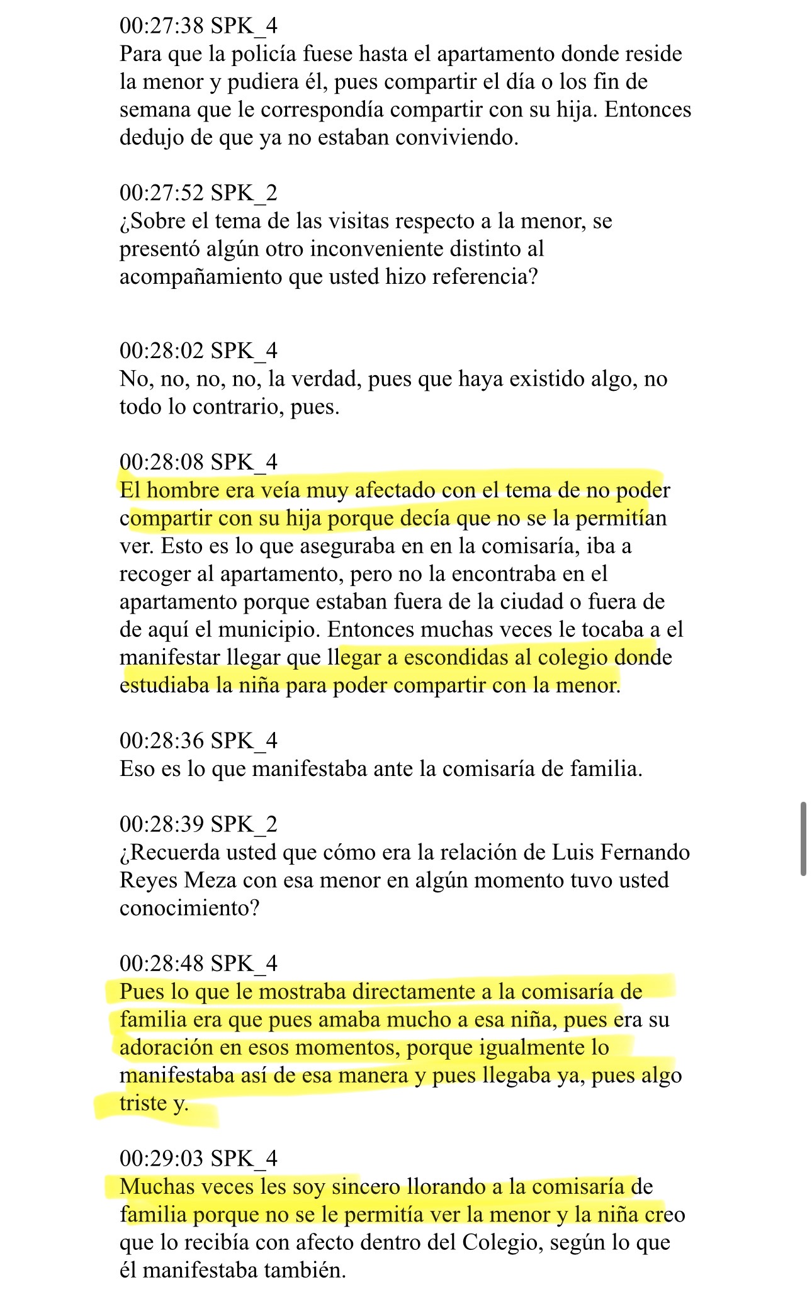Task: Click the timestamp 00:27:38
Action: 162,26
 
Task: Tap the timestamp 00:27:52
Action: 162,193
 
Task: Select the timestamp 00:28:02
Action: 162,351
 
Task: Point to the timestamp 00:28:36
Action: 162,741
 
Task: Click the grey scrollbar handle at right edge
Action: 803,838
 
